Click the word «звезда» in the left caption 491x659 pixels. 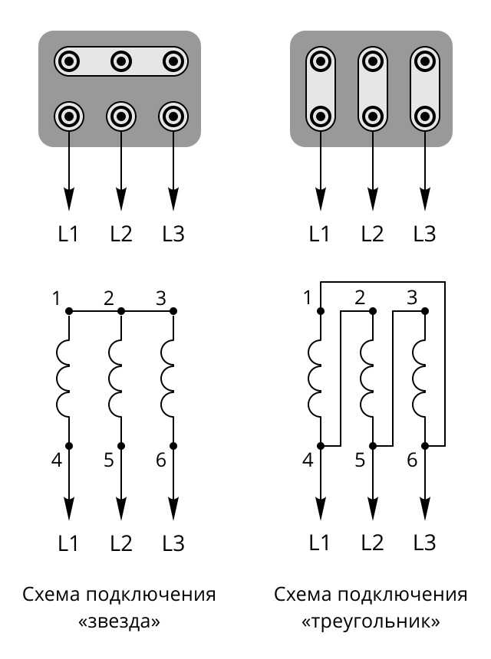[119, 621]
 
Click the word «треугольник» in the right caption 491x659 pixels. [371, 621]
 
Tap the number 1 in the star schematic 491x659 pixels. [56, 298]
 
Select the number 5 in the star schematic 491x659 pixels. [108, 461]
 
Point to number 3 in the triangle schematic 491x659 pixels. [412, 297]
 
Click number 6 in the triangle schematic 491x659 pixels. [412, 461]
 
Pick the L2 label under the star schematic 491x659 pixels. [121, 543]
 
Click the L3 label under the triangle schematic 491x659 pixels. [424, 543]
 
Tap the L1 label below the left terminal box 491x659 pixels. [68, 234]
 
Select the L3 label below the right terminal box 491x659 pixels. [424, 234]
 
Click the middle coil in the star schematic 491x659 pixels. [115, 379]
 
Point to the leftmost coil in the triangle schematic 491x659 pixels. [315, 379]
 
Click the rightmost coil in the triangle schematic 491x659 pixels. [419, 379]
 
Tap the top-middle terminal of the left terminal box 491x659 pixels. [121, 62]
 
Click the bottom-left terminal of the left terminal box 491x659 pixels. [69, 116]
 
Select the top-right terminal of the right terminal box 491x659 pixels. [424, 62]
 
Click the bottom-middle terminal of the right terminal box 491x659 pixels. [372, 116]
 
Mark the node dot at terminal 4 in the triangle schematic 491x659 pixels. [321, 445]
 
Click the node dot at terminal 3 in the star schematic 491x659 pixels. [173, 311]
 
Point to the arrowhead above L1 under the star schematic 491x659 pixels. [69, 509]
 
